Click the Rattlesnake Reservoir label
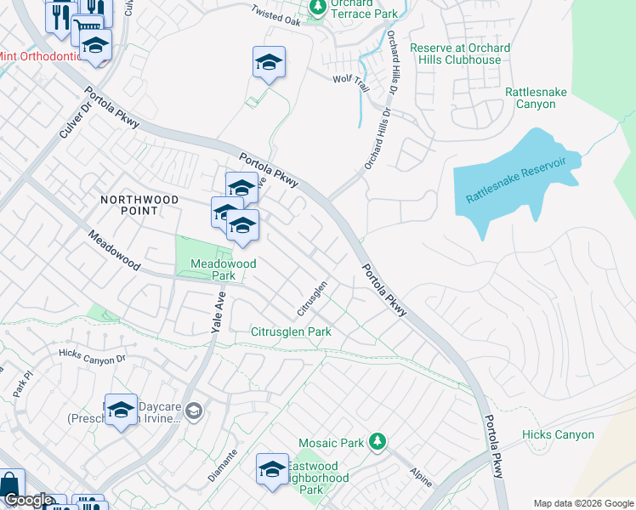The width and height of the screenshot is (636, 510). coord(522,179)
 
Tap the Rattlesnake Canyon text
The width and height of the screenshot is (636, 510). coord(542,98)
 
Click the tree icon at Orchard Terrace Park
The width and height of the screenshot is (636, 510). coord(318,8)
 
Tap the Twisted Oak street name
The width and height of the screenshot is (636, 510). coord(276,14)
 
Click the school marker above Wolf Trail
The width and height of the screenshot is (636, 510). coord(269,63)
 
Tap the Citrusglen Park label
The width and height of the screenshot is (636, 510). coord(291,331)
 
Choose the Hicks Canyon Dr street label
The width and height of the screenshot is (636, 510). coord(92,354)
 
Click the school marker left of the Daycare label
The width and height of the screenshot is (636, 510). coord(121,410)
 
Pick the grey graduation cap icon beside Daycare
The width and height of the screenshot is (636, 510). coord(195,411)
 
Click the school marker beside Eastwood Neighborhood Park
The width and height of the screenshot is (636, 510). coord(272,469)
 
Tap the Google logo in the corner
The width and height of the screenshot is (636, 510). coord(28,501)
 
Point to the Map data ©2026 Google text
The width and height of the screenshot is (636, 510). coord(583,503)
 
